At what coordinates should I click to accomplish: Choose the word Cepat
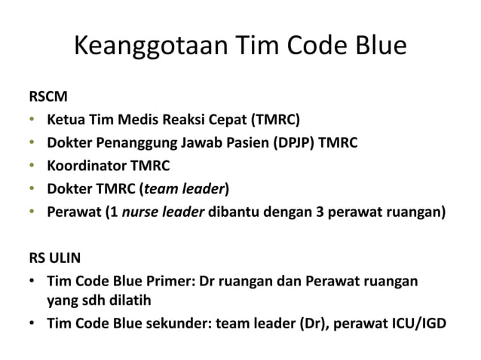[x=234, y=120]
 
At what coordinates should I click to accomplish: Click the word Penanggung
[x=140, y=142]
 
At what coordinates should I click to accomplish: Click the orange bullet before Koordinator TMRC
[x=32, y=165]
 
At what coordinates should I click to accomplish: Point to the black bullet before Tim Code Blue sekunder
[x=32, y=324]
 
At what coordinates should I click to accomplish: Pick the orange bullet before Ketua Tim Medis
[x=32, y=120]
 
